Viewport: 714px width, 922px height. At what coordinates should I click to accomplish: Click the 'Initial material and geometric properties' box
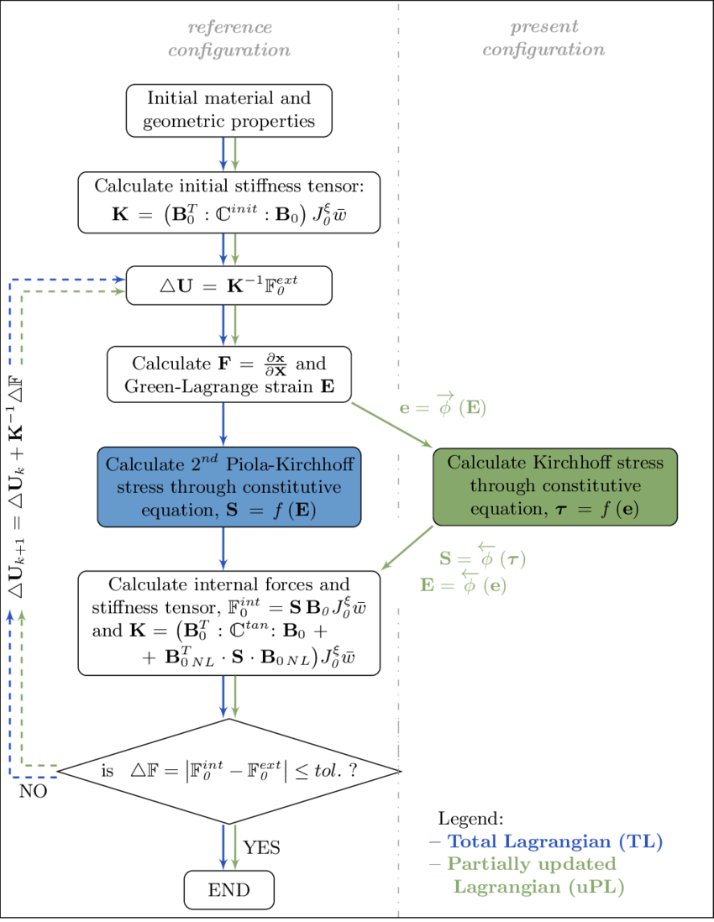click(229, 110)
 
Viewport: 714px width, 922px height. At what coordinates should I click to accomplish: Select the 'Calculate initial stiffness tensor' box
click(229, 202)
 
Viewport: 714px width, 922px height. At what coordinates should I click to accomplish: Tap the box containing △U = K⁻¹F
click(229, 286)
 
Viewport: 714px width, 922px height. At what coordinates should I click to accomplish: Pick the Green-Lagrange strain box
click(229, 375)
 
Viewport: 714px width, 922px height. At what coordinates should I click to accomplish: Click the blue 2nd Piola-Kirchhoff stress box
click(229, 487)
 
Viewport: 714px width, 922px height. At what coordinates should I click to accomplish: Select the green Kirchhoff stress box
click(554, 487)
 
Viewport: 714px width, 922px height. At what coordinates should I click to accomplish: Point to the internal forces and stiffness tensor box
click(229, 622)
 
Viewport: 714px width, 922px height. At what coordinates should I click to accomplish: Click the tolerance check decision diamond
click(229, 771)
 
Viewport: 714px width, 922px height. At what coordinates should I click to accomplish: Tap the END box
click(229, 890)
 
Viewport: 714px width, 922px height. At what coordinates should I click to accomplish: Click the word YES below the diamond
click(262, 848)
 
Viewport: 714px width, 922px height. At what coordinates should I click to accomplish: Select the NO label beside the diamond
click(33, 792)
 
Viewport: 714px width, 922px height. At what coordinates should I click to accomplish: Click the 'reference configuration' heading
click(229, 39)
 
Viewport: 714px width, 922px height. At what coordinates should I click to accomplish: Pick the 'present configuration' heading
click(543, 39)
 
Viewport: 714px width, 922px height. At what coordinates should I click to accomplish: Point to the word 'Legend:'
click(471, 818)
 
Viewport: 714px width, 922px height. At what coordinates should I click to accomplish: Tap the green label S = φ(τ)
click(483, 558)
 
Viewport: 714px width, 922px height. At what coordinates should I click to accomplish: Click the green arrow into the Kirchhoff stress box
click(391, 426)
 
